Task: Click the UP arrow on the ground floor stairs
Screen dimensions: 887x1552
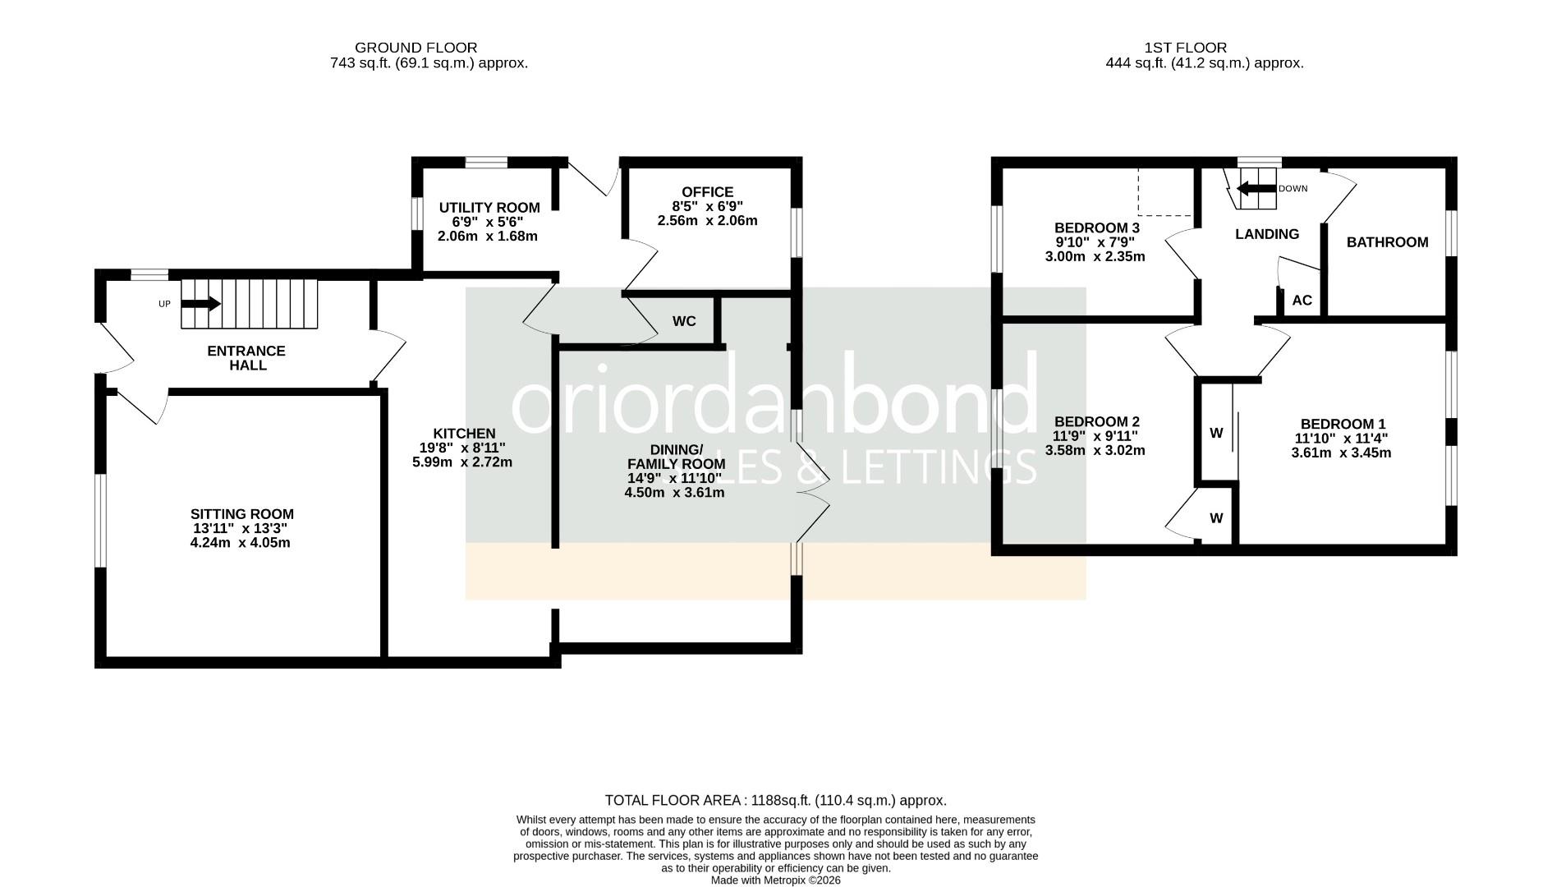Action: coord(201,304)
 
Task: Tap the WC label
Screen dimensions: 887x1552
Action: coord(684,321)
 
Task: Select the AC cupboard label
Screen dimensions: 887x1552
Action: coord(1302,301)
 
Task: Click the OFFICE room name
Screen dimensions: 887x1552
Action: coord(707,192)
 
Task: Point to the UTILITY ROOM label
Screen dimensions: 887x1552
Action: coord(489,208)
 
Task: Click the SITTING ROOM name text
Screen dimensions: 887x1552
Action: coord(241,515)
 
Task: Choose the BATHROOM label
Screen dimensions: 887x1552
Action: coord(1387,242)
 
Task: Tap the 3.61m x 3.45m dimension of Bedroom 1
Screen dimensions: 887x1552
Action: coord(1341,453)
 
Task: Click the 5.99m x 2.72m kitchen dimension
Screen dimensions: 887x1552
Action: coord(461,462)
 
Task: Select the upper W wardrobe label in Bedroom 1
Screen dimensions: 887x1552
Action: coord(1216,433)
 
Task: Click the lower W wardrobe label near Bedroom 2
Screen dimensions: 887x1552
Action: coord(1216,518)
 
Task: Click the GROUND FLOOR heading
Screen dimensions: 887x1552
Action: coord(416,48)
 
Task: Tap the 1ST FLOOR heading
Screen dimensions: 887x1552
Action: coord(1185,48)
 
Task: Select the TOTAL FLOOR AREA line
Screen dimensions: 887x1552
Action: coord(775,800)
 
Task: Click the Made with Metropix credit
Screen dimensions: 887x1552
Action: coord(775,880)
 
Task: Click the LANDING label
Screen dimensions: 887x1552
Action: coord(1266,234)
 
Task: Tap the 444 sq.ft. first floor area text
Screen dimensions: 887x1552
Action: coord(1204,62)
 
